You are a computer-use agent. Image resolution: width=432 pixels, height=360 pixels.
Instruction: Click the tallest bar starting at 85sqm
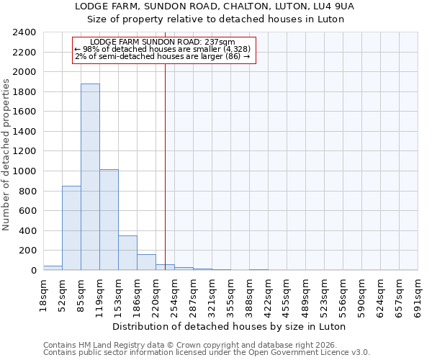(90, 177)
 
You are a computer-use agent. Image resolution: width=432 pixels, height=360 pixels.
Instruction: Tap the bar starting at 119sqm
(109, 220)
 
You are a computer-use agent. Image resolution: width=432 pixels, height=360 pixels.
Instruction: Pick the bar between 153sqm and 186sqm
(127, 253)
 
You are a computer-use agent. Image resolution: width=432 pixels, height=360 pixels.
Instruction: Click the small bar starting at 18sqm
(53, 268)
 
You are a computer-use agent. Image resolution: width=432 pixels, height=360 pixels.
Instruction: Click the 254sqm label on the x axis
(174, 294)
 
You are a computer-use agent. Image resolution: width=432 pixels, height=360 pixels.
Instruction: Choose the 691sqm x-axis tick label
(418, 294)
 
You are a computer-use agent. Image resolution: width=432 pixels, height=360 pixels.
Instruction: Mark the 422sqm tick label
(268, 294)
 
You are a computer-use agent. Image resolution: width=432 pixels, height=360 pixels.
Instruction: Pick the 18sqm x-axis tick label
(43, 294)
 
